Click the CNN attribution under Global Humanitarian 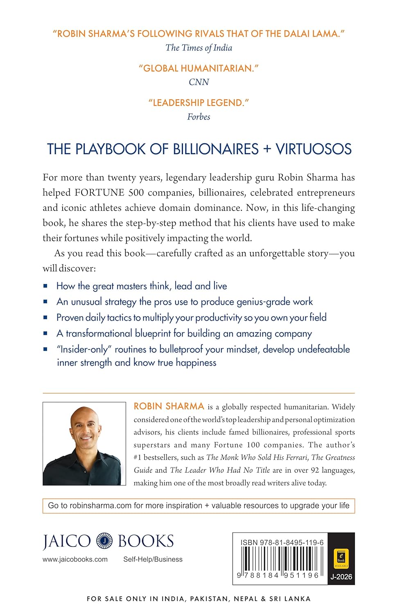tap(199, 82)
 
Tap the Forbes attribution tap(199, 117)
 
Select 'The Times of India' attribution tap(199, 48)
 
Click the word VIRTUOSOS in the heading tap(314, 149)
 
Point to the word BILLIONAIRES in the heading tap(216, 149)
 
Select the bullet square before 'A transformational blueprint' tap(45, 334)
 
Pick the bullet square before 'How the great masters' tap(45, 286)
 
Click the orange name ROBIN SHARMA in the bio tap(169, 406)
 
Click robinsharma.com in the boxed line tap(101, 506)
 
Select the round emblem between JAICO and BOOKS tap(104, 541)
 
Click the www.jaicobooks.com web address tap(75, 560)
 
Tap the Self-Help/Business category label tap(153, 560)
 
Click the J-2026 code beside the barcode tap(341, 577)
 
